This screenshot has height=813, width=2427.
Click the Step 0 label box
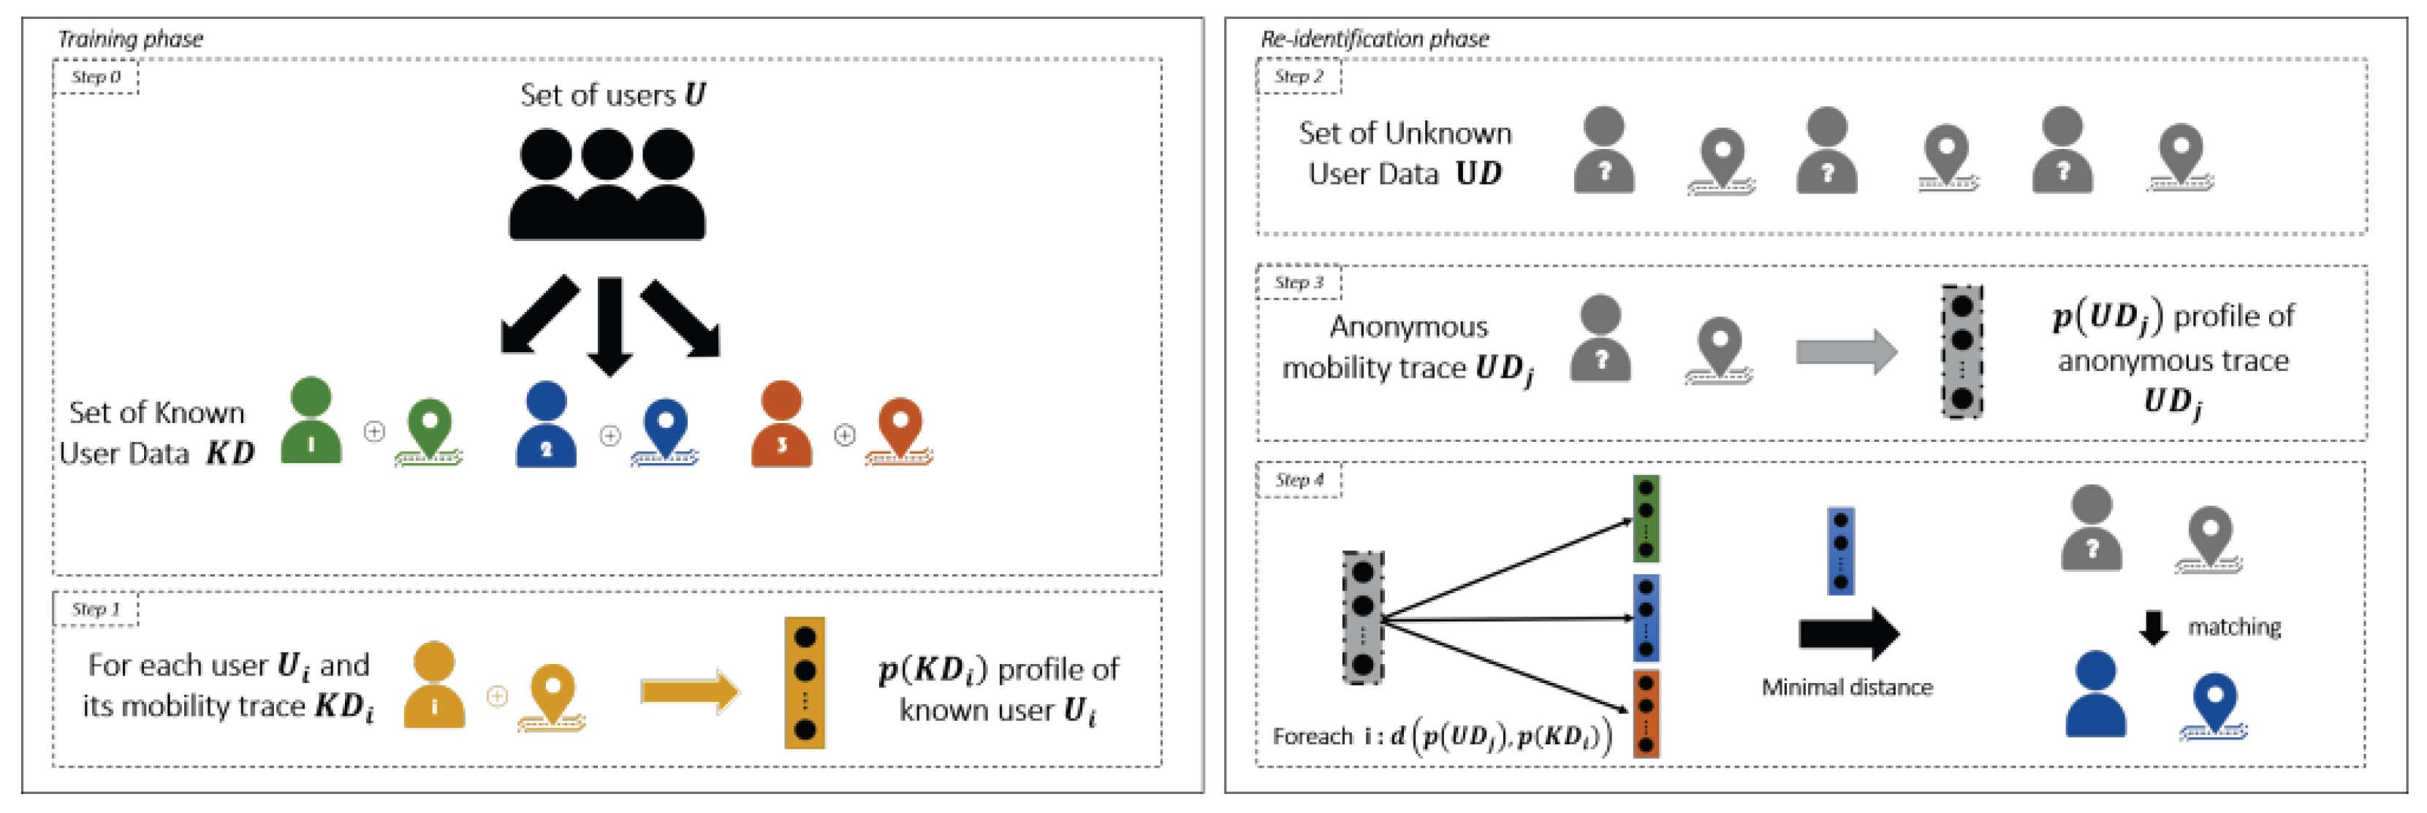tap(95, 76)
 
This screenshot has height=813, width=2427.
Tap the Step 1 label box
tap(95, 609)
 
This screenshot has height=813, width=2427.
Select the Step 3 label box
tap(1299, 282)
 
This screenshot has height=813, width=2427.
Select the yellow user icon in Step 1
tap(433, 685)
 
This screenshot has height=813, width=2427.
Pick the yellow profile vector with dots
tap(805, 683)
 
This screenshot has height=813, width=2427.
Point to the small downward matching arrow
tap(2153, 627)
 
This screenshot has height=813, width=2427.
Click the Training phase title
tap(130, 39)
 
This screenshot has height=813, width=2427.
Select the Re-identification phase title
tap(1374, 39)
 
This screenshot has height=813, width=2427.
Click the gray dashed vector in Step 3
tap(1961, 352)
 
